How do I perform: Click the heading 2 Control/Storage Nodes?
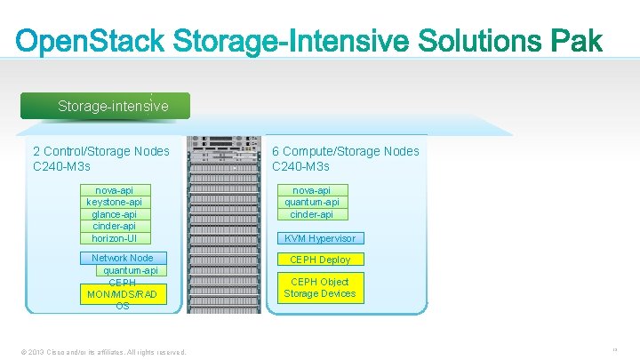point(100,151)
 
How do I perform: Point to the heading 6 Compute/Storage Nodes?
point(345,151)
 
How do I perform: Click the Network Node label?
point(122,258)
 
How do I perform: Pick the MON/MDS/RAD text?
point(122,293)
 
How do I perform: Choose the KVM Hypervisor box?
point(319,238)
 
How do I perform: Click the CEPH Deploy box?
point(320,260)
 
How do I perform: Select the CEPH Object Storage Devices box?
point(320,288)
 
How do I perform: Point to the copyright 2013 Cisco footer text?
point(106,352)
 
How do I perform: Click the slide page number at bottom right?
point(614,350)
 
